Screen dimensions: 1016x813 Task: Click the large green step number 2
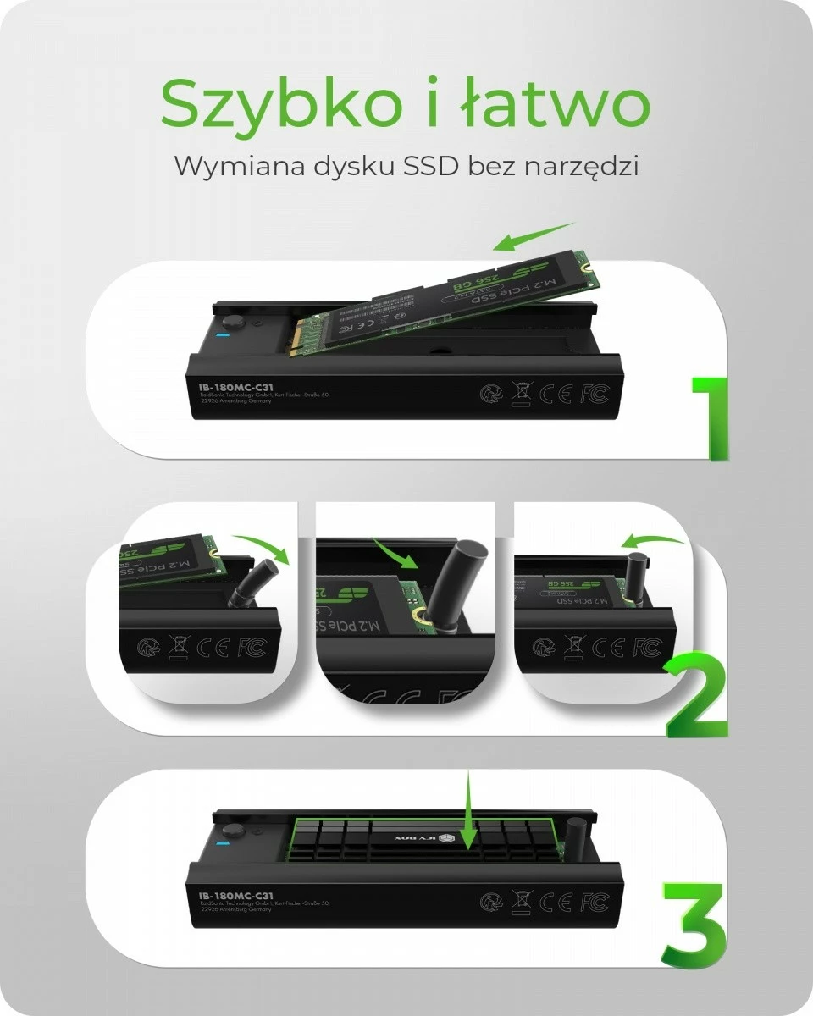tap(696, 694)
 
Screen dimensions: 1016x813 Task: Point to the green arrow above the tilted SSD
tap(533, 236)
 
